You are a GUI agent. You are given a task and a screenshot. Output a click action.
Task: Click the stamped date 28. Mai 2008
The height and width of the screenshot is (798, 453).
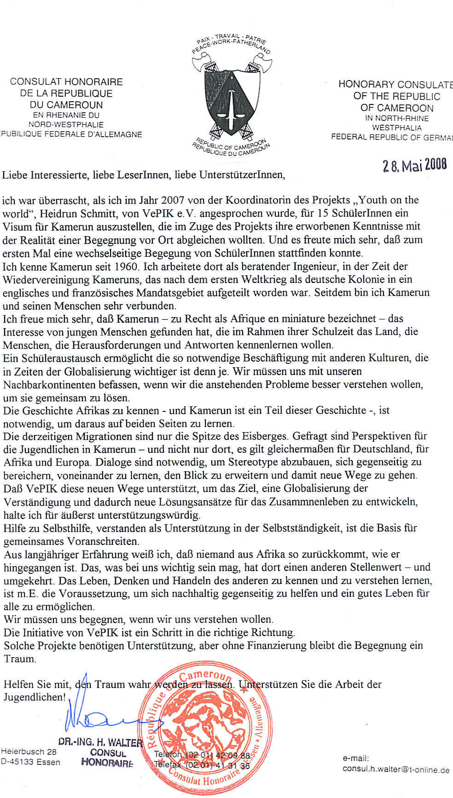tap(414, 166)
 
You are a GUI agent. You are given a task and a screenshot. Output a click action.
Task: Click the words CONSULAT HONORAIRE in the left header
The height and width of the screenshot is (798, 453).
tap(66, 82)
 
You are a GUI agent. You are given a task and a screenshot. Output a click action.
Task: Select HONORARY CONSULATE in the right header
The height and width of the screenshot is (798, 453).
tap(395, 84)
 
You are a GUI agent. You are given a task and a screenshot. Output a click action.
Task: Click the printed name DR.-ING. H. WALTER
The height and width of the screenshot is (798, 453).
tap(100, 742)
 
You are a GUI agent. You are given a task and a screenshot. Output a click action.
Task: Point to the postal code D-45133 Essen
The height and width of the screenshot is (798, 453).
tap(31, 762)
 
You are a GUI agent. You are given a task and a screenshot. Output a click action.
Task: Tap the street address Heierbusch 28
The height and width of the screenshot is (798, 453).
tap(29, 752)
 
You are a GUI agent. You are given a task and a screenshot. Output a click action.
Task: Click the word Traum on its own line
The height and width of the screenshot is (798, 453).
tap(19, 659)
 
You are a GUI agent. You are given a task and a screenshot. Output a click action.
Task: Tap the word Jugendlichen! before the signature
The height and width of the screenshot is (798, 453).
tap(35, 697)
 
